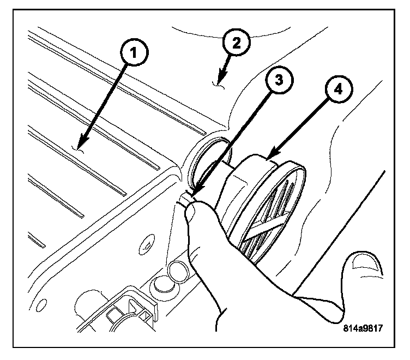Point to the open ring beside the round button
click(177, 271)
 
